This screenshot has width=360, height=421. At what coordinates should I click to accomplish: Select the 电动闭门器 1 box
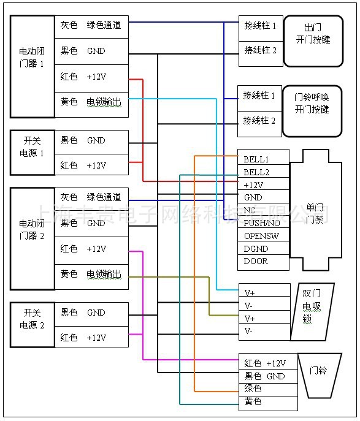pyautogui.click(x=32, y=66)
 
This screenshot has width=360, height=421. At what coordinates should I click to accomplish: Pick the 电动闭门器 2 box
pyautogui.click(x=32, y=237)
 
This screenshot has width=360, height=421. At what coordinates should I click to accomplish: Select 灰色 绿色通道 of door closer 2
pyautogui.click(x=92, y=197)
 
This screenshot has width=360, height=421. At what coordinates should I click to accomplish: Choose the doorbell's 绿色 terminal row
pyautogui.click(x=268, y=389)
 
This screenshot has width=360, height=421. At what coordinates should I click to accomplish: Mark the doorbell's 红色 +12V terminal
pyautogui.click(x=268, y=363)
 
